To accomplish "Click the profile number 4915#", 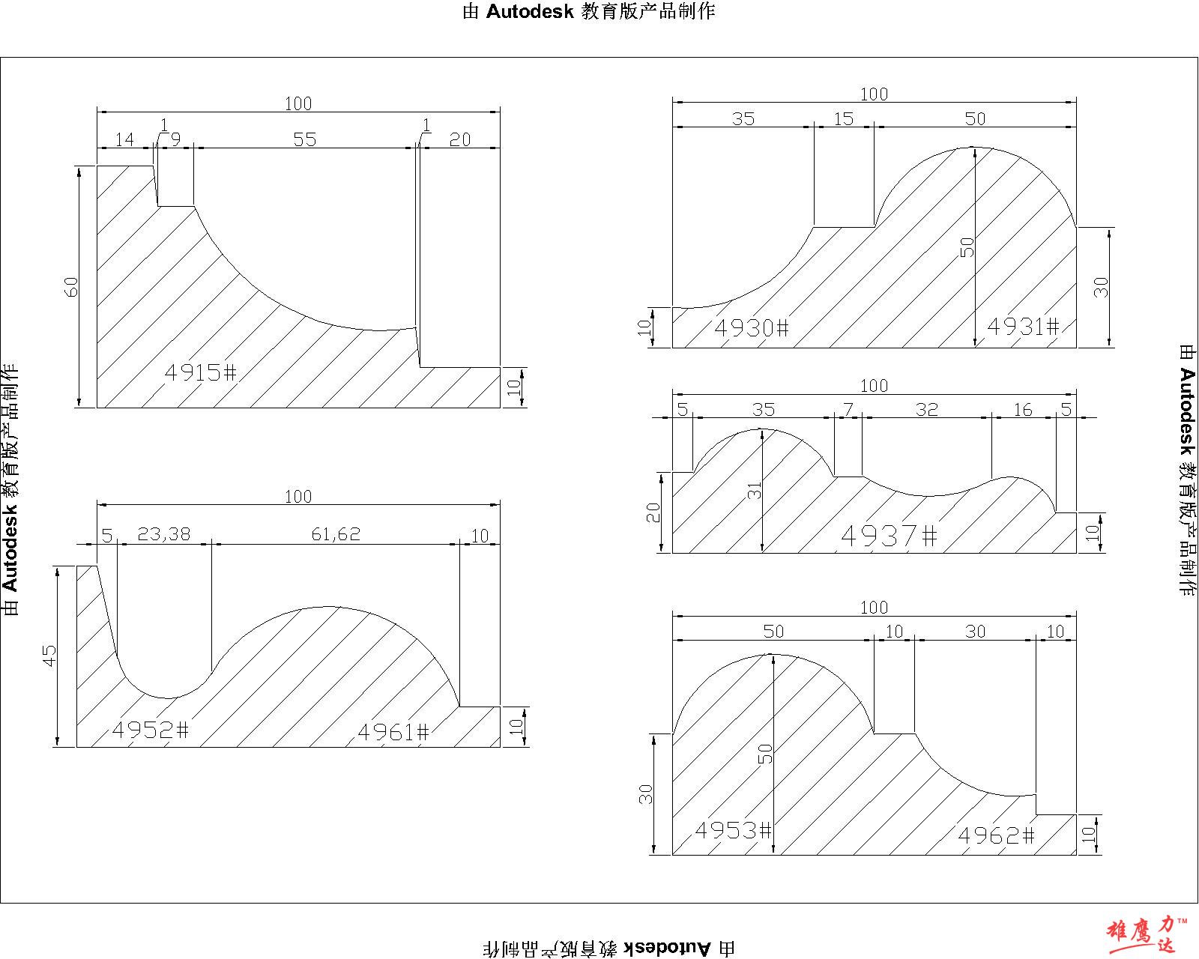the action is [x=201, y=372].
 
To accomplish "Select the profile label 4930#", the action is [x=752, y=327].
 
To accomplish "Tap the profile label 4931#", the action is [x=1023, y=326].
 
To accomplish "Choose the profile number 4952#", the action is [x=151, y=730].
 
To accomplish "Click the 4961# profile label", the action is [x=393, y=732].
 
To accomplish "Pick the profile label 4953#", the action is [x=733, y=830].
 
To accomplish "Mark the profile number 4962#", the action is [x=996, y=835].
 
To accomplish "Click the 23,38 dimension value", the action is [x=164, y=534].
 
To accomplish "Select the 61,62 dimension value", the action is [x=336, y=534].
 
